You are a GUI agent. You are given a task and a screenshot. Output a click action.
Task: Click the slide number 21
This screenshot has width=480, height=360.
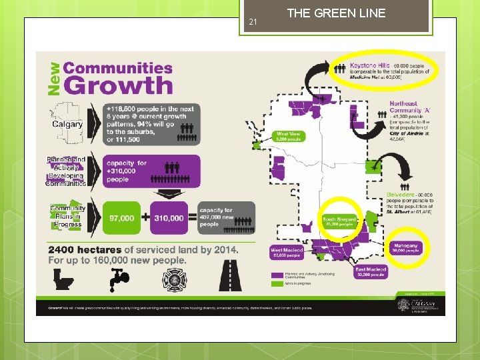253,23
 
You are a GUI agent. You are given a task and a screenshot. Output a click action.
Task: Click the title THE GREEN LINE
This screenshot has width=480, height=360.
336,13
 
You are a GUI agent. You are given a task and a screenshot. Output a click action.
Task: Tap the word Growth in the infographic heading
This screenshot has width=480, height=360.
119,85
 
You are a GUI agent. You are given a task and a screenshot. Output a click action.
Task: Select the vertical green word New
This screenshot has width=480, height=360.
53,77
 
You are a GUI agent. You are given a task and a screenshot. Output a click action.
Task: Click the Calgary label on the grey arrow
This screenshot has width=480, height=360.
67,123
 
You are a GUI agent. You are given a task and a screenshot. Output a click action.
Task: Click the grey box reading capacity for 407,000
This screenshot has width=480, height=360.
226,218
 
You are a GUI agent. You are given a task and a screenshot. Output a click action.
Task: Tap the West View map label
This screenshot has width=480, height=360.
289,136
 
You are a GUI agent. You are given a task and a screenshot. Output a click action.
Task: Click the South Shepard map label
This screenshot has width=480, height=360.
340,221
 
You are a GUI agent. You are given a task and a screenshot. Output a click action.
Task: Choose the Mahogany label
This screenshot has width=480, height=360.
405,247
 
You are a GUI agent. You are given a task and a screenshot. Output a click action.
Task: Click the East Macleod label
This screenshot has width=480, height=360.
372,271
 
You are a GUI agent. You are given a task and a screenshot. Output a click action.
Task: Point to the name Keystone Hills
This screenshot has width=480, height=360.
371,66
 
